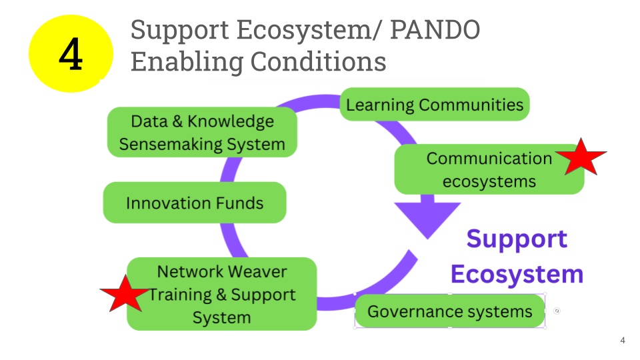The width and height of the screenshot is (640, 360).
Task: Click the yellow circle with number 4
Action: pyautogui.click(x=71, y=53)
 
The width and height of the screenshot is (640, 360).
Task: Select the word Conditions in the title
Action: pyautogui.click(x=318, y=61)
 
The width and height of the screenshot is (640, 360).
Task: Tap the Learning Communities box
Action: pyautogui.click(x=435, y=105)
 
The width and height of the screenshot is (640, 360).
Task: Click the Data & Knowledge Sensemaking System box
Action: pyautogui.click(x=202, y=133)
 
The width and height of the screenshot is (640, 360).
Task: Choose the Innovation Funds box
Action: pyautogui.click(x=195, y=203)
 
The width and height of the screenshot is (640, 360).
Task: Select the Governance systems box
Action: pyautogui.click(x=450, y=311)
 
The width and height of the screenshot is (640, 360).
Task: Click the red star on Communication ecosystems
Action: pyautogui.click(x=580, y=157)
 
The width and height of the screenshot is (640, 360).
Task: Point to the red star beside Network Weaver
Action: pyautogui.click(x=125, y=293)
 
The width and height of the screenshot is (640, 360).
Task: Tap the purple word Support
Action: pyautogui.click(x=517, y=239)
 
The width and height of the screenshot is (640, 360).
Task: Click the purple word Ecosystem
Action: pyautogui.click(x=517, y=274)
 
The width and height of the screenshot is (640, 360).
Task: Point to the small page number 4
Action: pyautogui.click(x=623, y=341)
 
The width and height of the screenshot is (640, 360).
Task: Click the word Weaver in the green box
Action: pyautogui.click(x=256, y=272)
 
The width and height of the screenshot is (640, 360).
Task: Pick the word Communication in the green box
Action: pyautogui.click(x=489, y=159)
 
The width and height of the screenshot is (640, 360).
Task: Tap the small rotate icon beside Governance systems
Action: pyautogui.click(x=557, y=311)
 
